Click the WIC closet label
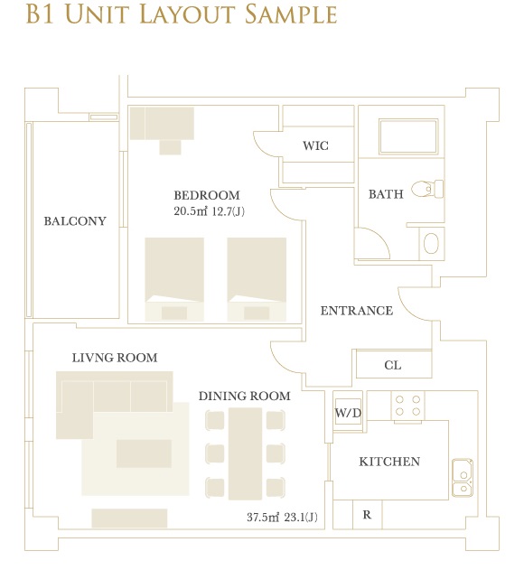pos(315,145)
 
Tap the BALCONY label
pos(75,221)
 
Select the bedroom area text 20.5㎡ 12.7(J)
pos(209,211)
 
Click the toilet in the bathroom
pos(427,189)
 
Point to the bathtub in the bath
pos(408,136)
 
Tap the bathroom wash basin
pos(431,243)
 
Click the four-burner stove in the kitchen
pos(407,406)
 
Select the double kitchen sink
pos(463,478)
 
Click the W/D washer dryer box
pos(348,412)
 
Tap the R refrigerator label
pos(367,515)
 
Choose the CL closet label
pos(393,365)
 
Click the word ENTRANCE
pos(356,311)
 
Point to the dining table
pos(245,453)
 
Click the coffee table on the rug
pos(144,453)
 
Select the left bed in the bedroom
pos(174,279)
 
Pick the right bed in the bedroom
pos(257,279)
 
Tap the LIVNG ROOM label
pos(115,358)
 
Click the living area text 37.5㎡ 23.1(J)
pos(282,517)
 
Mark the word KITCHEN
pos(389,462)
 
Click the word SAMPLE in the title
pos(291,14)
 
